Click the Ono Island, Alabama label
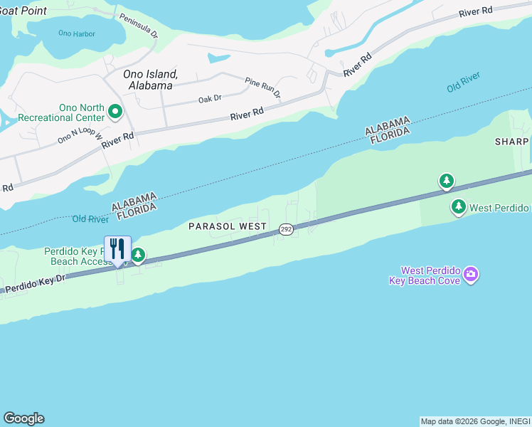click(x=151, y=79)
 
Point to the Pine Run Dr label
click(x=262, y=88)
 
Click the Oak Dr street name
click(x=210, y=99)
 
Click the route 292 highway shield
click(x=286, y=228)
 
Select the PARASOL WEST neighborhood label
click(x=227, y=226)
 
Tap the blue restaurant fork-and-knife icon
click(x=117, y=249)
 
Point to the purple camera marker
click(x=470, y=275)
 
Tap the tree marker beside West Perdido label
click(x=459, y=207)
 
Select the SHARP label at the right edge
click(x=512, y=142)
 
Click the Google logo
click(x=23, y=418)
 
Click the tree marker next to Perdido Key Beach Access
click(x=139, y=255)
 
